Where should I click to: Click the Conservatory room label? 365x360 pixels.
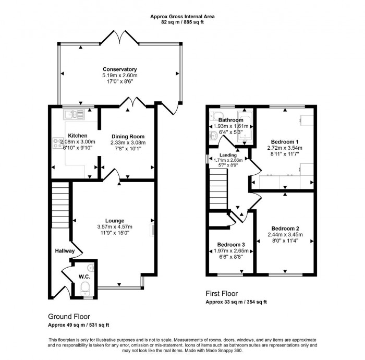coord(119,69)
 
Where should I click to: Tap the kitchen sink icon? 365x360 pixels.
coord(71,114)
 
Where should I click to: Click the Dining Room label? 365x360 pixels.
coord(128,136)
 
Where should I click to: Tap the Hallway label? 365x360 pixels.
coord(65,251)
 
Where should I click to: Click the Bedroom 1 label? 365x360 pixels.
coord(285,141)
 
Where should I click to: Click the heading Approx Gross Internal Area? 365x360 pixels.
coord(182,17)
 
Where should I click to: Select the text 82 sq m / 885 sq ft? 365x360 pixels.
coord(182,23)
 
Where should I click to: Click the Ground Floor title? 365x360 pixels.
coord(69,316)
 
